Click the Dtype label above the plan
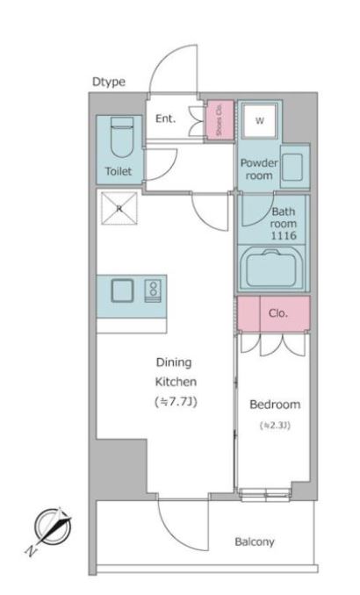click(109, 82)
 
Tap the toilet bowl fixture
click(122, 137)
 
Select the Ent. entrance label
click(166, 118)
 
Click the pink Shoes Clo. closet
click(220, 119)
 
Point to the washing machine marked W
click(260, 121)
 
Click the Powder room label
click(259, 169)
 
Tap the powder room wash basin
click(295, 167)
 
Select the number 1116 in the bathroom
click(284, 236)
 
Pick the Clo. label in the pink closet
click(278, 313)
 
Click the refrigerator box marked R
click(119, 208)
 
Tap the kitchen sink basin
click(122, 290)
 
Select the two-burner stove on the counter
click(153, 290)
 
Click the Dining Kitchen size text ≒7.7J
click(176, 401)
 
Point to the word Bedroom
click(275, 405)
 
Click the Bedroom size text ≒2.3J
click(275, 426)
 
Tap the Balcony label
click(255, 541)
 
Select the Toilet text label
click(119, 171)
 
